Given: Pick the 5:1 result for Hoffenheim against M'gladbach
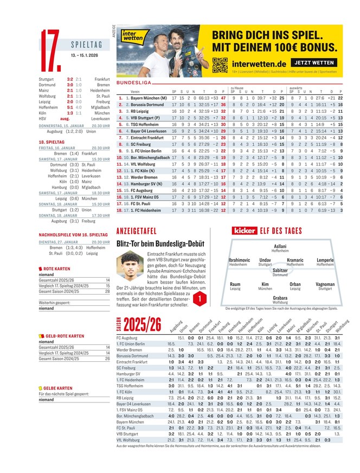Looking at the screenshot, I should [70, 107].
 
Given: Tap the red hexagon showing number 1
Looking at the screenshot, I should [201, 298].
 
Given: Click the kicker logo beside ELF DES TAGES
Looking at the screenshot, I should [244, 231].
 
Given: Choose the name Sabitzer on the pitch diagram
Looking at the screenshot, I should [280, 270].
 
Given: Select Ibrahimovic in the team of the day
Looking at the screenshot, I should [239, 260].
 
